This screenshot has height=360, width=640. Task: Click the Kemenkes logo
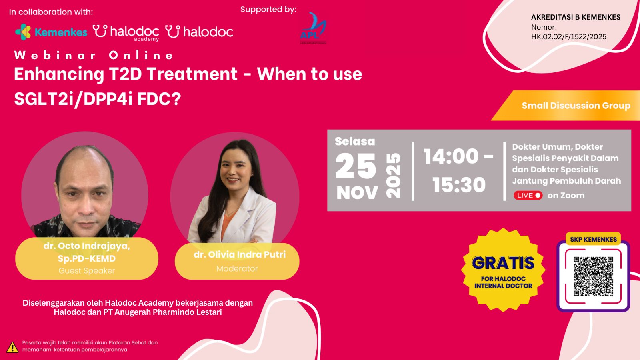coord(51,32)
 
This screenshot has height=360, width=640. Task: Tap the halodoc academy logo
coord(126,32)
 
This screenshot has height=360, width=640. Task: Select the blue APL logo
coord(313,28)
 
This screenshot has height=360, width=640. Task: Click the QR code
coord(593,276)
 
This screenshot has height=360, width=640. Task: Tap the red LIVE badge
coord(528,195)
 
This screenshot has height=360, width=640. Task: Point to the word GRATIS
coord(503,263)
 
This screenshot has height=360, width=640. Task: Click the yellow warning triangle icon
coord(12,347)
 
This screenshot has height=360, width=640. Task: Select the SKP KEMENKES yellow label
coord(593,239)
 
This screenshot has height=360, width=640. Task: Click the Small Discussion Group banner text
coord(576,106)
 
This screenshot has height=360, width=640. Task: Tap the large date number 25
coord(356,166)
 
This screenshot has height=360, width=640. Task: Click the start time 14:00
coord(451,156)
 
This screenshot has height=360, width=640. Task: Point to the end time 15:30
coord(459,185)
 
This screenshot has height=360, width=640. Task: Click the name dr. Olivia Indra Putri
coord(240,254)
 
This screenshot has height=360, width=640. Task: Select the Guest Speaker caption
coord(86,271)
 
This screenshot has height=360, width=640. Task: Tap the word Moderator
coord(237,269)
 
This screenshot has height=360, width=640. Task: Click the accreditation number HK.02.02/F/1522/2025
coord(568,37)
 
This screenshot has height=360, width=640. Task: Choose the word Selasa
coord(355,141)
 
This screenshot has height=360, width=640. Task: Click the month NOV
coord(357,193)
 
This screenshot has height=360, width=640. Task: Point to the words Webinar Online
coord(94,55)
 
